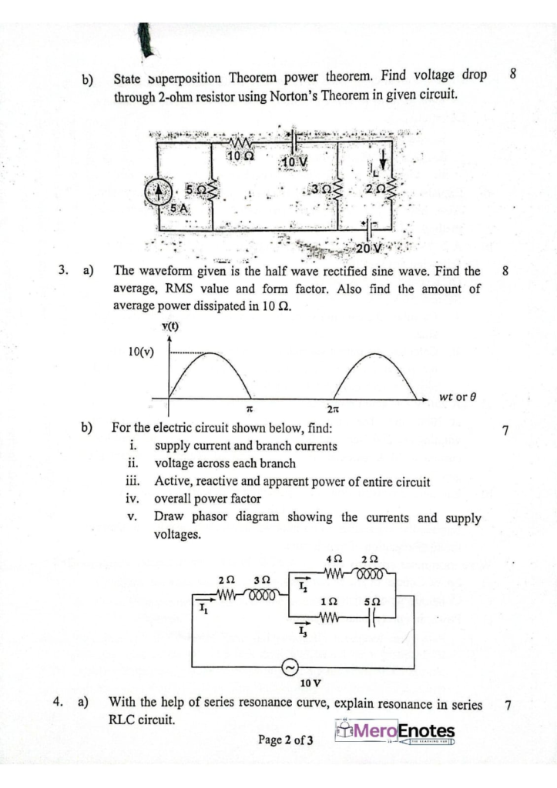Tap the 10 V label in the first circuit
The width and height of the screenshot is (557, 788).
coord(294,162)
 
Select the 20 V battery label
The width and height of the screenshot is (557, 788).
coord(371,248)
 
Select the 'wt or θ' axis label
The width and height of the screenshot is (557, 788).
coord(458,398)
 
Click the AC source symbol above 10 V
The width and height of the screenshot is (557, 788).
coord(294,667)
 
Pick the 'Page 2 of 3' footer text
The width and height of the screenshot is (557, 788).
coord(286,741)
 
